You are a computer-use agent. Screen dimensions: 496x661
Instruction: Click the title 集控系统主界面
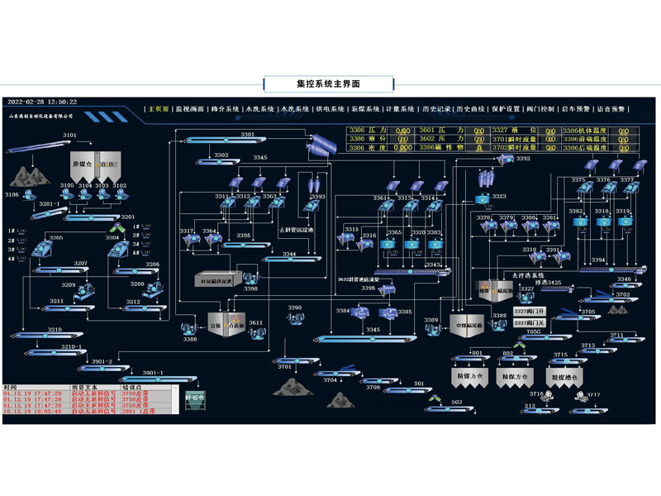(x=329, y=83)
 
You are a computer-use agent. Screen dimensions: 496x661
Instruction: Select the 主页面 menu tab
(x=158, y=108)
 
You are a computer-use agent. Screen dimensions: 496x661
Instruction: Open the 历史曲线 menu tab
(x=471, y=108)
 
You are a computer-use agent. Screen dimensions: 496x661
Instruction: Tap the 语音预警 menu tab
(x=611, y=108)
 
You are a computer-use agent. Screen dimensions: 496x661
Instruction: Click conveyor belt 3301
(x=240, y=141)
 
